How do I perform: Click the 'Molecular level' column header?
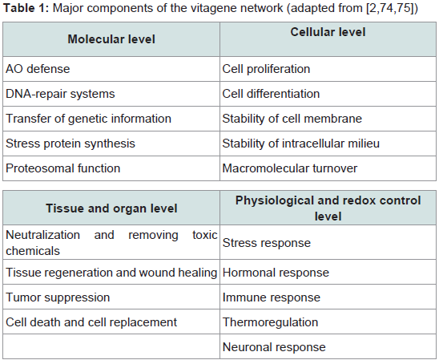coord(111,39)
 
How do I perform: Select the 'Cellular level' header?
coord(328,32)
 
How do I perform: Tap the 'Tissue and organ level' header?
coord(111,208)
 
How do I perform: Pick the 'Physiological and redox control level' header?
coord(328,208)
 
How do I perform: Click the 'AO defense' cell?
coord(38,69)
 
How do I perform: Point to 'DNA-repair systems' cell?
coord(60,94)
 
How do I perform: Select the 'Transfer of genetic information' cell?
coord(88,119)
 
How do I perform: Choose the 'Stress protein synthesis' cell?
coord(70,144)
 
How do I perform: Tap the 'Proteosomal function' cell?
coord(63,168)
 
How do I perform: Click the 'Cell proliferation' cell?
coord(266,69)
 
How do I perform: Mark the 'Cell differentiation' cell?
coord(271,94)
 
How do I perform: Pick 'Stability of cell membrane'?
coord(292,119)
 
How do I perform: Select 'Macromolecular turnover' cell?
coord(290,168)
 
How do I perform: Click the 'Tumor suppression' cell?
coord(58,297)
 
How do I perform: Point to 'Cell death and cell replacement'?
coord(91,322)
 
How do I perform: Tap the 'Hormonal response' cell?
coord(276,273)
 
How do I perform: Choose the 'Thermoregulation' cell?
coord(271,322)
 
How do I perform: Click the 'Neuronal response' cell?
coord(274,347)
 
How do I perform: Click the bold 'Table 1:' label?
coord(26,8)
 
